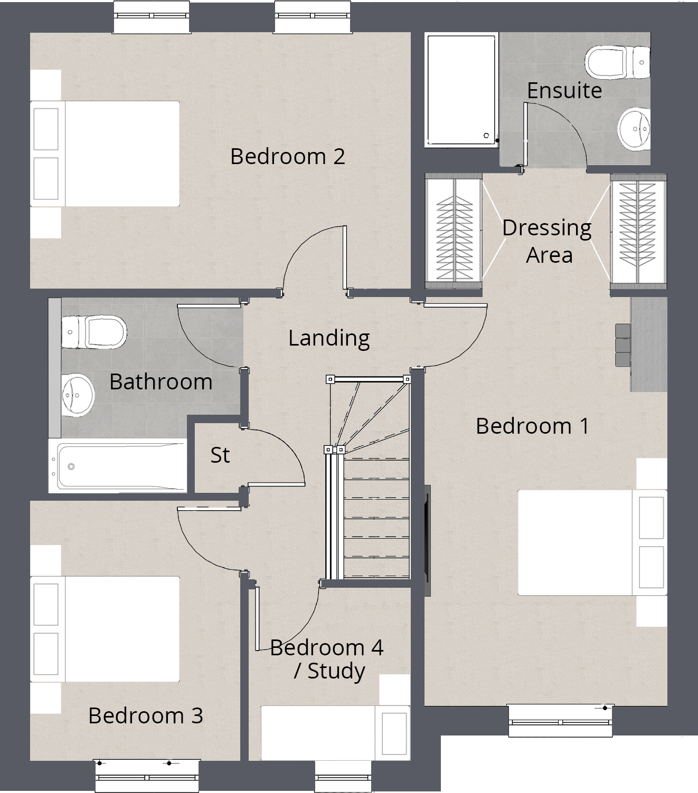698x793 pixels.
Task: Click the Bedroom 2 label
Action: click(287, 157)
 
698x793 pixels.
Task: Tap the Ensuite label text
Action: click(564, 91)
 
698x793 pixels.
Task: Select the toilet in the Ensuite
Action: click(617, 62)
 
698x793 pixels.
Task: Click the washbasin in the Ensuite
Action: click(634, 129)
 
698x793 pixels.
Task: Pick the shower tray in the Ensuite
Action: click(461, 90)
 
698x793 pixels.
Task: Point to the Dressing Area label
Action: click(547, 241)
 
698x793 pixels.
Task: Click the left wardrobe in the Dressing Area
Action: click(454, 231)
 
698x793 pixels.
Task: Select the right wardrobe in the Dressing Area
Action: click(638, 231)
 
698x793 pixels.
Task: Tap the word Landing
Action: click(328, 338)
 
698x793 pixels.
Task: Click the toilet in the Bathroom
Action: click(94, 332)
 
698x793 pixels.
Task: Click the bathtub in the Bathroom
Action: click(118, 466)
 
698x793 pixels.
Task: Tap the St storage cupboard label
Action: click(220, 455)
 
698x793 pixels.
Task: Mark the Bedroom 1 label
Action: click(532, 426)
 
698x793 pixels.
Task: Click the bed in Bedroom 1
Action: click(591, 542)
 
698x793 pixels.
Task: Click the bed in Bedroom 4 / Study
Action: click(335, 732)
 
